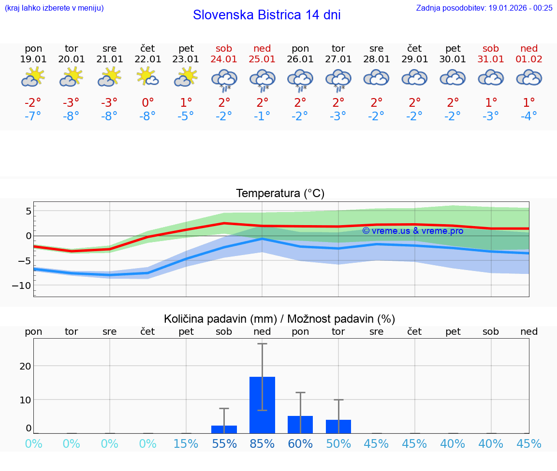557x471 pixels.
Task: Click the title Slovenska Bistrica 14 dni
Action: [x=266, y=15]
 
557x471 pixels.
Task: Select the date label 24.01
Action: [x=224, y=59]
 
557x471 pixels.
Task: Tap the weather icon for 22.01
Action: [x=147, y=77]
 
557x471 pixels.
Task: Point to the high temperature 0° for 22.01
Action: [x=147, y=102]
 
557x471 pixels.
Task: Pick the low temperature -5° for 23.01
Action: [x=186, y=116]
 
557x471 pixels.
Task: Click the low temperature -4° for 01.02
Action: [x=529, y=116]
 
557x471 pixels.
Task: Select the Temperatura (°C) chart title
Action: [x=280, y=193]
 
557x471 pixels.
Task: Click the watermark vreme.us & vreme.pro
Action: [x=413, y=231]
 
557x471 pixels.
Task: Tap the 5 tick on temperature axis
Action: [x=29, y=211]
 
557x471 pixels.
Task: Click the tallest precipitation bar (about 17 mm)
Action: [x=262, y=405]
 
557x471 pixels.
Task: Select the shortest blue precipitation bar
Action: [x=224, y=429]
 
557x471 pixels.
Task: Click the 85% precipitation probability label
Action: [x=262, y=443]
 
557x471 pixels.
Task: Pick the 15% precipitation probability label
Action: [x=186, y=443]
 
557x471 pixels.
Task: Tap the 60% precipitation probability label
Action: [x=300, y=443]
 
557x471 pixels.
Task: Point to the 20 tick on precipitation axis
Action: [x=25, y=366]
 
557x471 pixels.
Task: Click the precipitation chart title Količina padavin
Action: [x=279, y=319]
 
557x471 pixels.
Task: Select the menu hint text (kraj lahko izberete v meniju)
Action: [x=54, y=8]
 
